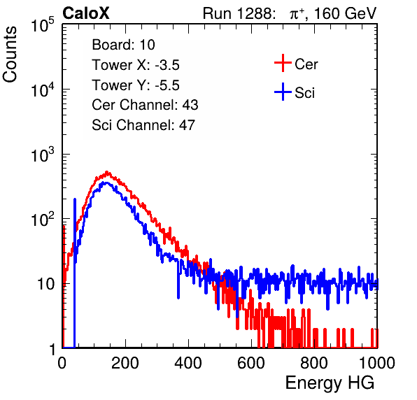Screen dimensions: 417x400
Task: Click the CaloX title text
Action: (86, 13)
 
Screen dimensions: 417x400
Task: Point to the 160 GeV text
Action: (346, 13)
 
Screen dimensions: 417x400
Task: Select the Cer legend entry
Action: (296, 64)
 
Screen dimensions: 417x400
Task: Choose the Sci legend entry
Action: (295, 92)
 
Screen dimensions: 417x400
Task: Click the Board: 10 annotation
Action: (123, 44)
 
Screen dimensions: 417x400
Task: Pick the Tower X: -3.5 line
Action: (136, 65)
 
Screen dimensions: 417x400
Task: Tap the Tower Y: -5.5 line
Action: (136, 85)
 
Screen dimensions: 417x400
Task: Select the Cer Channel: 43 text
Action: (145, 105)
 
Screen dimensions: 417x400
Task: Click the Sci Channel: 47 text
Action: (143, 125)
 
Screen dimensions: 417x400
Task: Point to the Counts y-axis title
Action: (10, 55)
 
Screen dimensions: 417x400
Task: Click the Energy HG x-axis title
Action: (330, 383)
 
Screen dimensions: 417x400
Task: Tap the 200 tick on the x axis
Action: (125, 363)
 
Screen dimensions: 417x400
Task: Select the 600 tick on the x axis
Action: (251, 363)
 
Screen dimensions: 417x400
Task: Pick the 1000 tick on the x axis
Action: (377, 363)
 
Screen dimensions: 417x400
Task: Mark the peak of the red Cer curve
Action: (107, 173)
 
